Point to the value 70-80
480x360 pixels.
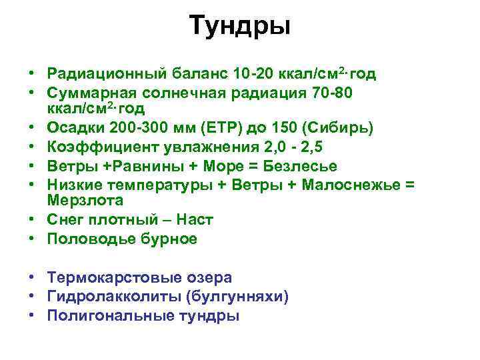coord(337,94)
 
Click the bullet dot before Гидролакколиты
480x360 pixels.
coord(33,297)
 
